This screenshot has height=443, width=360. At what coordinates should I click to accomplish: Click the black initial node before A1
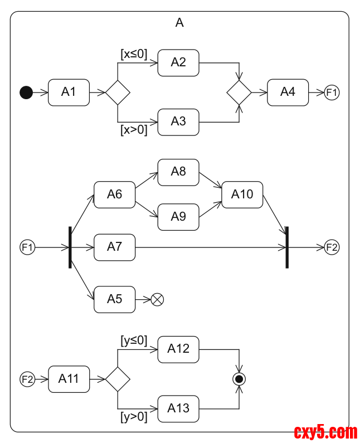coord(26,93)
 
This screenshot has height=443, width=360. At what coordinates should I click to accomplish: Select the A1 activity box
coord(69,93)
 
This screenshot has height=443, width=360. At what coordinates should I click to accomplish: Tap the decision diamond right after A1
coord(118,93)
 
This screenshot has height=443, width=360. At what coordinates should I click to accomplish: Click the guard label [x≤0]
coord(134,54)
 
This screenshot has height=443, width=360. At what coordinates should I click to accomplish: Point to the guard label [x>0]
coord(134,130)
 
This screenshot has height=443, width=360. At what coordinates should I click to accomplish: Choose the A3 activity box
coord(178,122)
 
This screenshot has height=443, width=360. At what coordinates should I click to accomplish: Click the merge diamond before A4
coord(239,93)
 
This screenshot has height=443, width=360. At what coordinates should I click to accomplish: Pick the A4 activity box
coord(288,93)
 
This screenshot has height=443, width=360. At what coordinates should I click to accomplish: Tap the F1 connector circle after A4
coord(332,93)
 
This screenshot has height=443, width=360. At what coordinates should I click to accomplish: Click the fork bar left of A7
coord(70,247)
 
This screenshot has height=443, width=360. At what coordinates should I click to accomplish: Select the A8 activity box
coord(178,172)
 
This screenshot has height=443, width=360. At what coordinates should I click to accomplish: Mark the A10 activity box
coord(242,195)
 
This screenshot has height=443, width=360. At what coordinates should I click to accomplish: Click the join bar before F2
coord(287,247)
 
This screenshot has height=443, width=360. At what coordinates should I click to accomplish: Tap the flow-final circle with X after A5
coord(158,300)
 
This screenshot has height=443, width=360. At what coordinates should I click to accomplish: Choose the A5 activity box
coord(114,300)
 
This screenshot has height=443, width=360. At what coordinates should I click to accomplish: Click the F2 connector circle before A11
coord(27,379)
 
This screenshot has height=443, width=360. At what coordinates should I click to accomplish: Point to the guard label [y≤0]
coord(134,340)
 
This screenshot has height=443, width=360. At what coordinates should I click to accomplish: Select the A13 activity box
coord(178,408)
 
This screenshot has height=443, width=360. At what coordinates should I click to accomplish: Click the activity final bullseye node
coord(239,379)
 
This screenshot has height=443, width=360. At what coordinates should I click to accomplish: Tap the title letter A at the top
coord(179,23)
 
